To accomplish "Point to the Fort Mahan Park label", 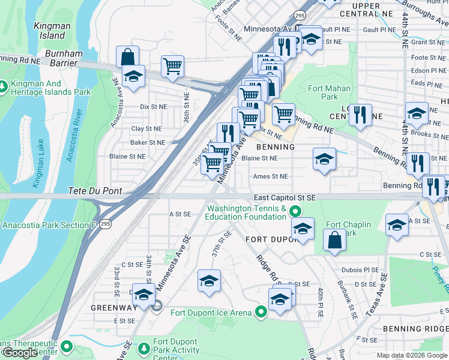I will (324, 92).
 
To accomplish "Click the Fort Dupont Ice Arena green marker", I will (261, 312).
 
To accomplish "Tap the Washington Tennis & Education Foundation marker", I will (295, 211).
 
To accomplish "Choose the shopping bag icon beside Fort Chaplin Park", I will (334, 240).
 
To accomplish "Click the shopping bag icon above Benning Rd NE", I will (127, 57).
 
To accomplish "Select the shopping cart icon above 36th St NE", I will (172, 66).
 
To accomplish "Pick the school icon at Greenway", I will (144, 294).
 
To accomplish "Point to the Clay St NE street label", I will (146, 128).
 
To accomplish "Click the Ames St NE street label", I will (270, 176).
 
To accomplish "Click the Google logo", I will (20, 352).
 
